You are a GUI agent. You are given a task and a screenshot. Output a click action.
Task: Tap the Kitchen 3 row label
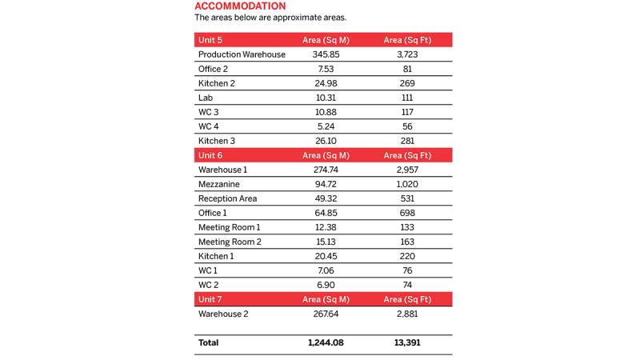217,141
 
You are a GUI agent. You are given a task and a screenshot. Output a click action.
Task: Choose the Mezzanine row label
219,184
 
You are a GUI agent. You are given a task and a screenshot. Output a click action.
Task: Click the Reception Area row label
228,198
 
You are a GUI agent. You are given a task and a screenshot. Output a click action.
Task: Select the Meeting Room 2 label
230,242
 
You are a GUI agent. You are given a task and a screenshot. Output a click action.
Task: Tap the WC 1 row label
210,270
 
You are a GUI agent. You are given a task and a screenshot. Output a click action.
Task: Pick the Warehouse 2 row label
225,314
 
